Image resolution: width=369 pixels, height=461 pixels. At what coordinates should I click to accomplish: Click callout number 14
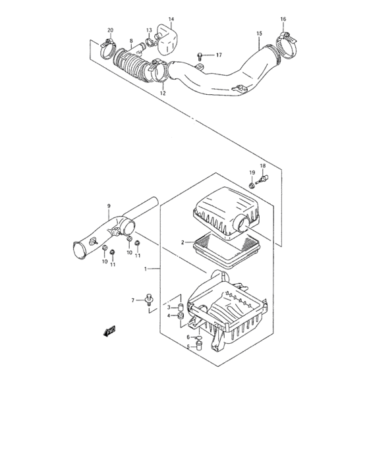[x=171, y=19]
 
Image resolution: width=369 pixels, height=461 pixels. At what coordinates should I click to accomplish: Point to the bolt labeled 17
[x=199, y=55]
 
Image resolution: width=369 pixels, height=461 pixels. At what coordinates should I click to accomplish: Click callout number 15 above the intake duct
[x=259, y=33]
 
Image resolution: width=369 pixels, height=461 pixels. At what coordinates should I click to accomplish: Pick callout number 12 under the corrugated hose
[x=162, y=93]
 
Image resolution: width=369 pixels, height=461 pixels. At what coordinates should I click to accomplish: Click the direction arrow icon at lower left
[x=109, y=331]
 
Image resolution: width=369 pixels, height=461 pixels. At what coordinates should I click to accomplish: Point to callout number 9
[x=109, y=206]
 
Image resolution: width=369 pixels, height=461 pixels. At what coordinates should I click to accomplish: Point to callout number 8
[x=131, y=41]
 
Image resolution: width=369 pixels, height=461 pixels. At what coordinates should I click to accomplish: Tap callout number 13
[x=149, y=30]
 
